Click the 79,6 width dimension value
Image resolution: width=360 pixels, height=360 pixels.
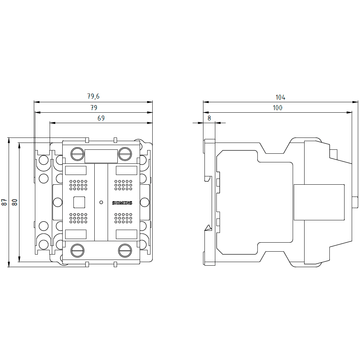(93, 96)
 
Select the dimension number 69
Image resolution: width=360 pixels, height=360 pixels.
(101, 118)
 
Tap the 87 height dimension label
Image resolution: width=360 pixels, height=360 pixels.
(4, 202)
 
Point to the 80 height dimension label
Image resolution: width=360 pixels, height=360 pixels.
(15, 202)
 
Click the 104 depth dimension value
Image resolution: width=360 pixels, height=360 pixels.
(280, 97)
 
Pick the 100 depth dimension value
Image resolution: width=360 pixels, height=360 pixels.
(278, 108)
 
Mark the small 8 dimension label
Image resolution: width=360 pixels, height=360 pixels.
(209, 118)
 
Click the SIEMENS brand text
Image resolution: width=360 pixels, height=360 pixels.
(122, 203)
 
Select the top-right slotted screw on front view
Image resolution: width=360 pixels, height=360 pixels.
(125, 154)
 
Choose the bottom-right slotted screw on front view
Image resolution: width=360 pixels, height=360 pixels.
(125, 250)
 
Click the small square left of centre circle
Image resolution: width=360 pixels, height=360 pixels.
(79, 202)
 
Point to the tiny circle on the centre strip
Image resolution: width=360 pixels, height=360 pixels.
(101, 202)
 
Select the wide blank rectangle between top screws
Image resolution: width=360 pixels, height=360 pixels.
(101, 156)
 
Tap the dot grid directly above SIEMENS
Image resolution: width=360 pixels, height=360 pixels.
(123, 185)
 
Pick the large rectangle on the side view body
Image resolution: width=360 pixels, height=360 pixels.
(319, 202)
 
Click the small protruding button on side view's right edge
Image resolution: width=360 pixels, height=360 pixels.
(355, 202)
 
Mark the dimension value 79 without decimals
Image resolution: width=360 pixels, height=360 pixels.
(94, 108)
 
